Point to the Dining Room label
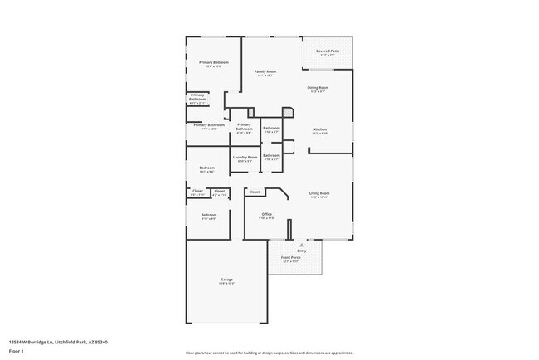point(318,89)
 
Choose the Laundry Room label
point(245,158)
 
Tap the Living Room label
point(319,194)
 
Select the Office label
point(267,215)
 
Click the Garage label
point(226,280)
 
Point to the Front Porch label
point(289,258)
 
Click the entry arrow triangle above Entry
point(302,245)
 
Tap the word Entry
point(302,251)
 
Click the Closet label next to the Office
point(255,192)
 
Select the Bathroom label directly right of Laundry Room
point(271,156)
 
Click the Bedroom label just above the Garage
point(208,216)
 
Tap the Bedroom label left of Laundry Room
point(207,169)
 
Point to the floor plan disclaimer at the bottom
point(269,352)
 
